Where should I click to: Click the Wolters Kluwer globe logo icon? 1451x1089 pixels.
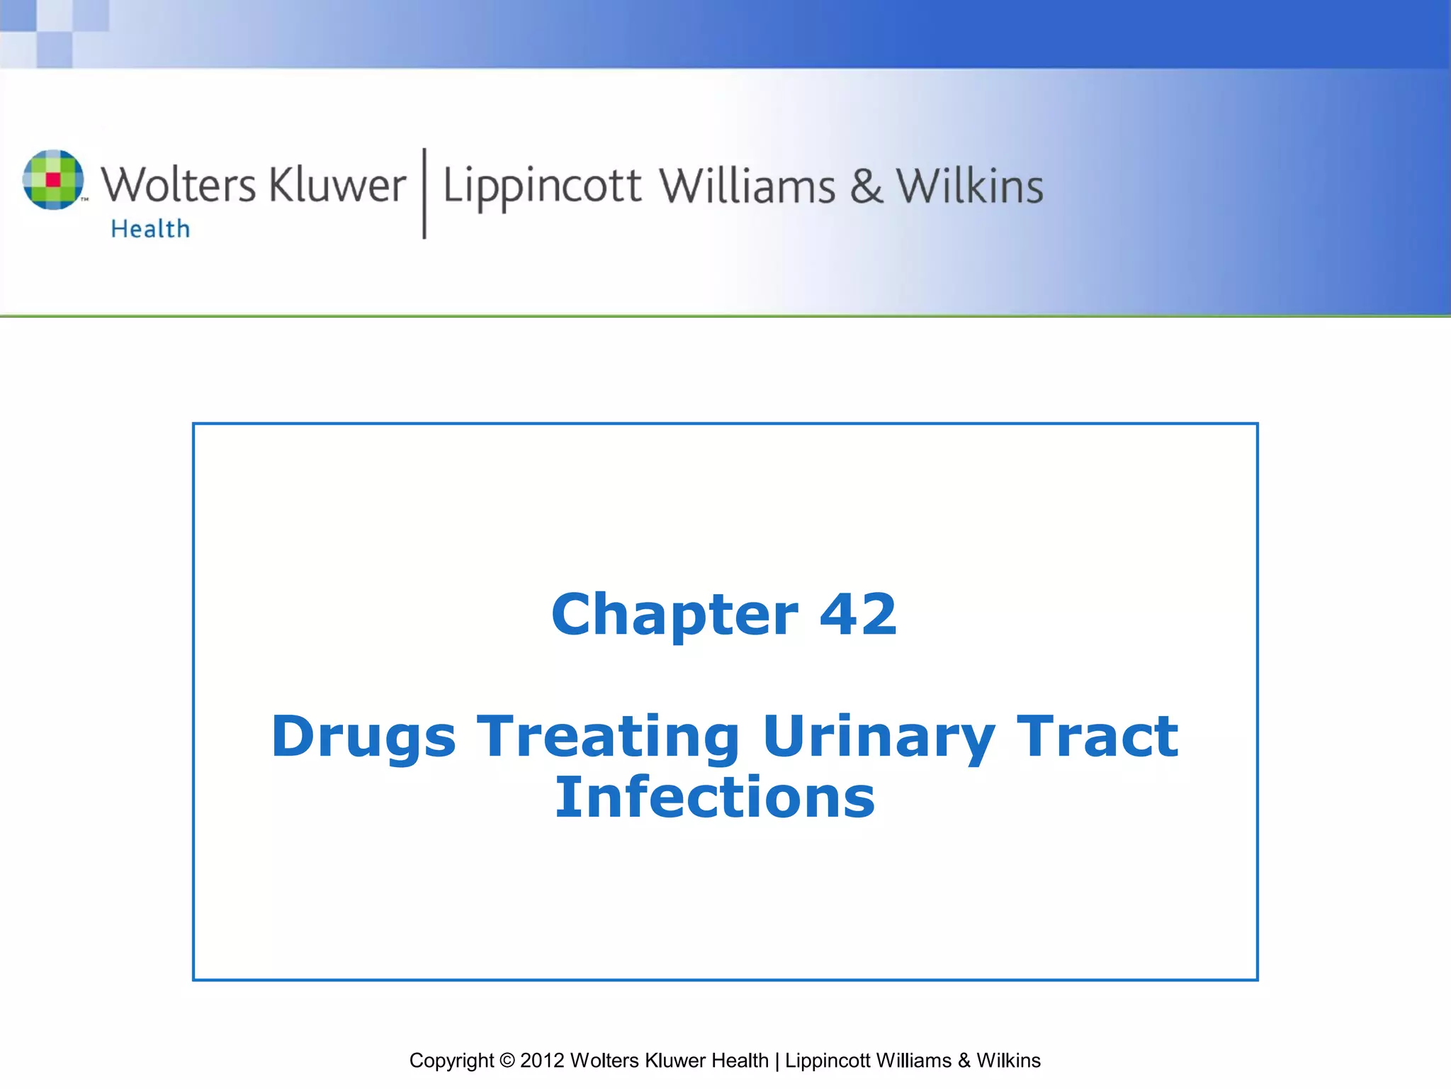(x=53, y=179)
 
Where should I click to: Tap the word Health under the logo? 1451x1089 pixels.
(x=150, y=229)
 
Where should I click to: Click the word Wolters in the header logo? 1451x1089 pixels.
(x=178, y=185)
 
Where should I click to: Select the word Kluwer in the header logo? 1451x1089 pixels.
(x=337, y=185)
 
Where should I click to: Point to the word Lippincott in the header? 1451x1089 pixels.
(x=542, y=186)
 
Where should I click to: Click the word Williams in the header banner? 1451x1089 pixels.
(x=747, y=186)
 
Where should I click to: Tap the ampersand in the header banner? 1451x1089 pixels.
(x=866, y=186)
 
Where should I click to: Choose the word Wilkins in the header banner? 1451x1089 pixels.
(x=970, y=186)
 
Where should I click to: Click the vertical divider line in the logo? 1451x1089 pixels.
(x=424, y=193)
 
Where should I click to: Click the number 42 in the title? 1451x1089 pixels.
(x=858, y=614)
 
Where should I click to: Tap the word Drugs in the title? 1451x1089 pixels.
(x=363, y=737)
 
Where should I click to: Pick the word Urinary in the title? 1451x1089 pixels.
(x=879, y=737)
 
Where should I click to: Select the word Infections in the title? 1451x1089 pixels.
(x=715, y=797)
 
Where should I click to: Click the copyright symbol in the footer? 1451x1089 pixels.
(x=507, y=1061)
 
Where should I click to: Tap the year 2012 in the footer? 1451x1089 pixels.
(x=542, y=1061)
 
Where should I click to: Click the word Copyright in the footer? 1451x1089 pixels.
(x=451, y=1061)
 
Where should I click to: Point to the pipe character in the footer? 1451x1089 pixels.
(x=777, y=1061)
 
